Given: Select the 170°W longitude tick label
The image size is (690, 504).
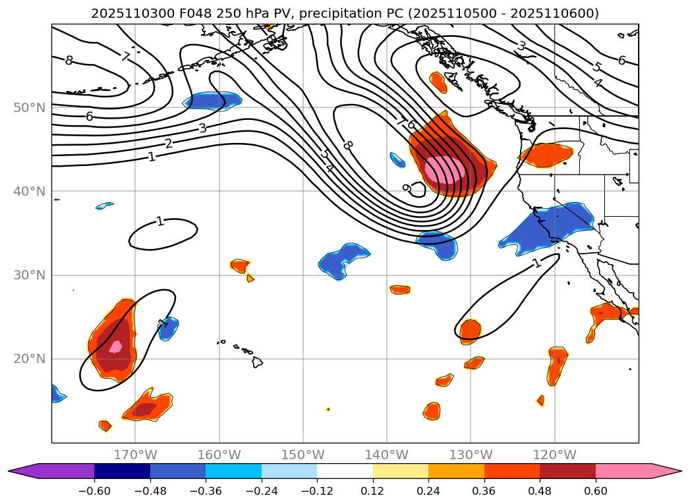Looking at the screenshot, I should tap(135, 455).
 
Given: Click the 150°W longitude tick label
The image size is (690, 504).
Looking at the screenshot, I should tap(302, 455).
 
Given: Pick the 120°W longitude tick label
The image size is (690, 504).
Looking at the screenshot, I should tap(554, 455).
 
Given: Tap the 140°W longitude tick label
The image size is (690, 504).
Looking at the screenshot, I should tap(387, 455).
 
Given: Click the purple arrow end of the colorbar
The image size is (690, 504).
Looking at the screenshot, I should tap(20, 471).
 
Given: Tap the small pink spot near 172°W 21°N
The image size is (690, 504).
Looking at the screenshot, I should tap(115, 346).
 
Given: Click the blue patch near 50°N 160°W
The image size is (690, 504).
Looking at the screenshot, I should tap(212, 101).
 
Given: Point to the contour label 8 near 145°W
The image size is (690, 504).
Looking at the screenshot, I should tap(348, 144).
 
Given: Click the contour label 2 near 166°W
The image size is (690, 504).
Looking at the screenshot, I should tap(169, 144).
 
